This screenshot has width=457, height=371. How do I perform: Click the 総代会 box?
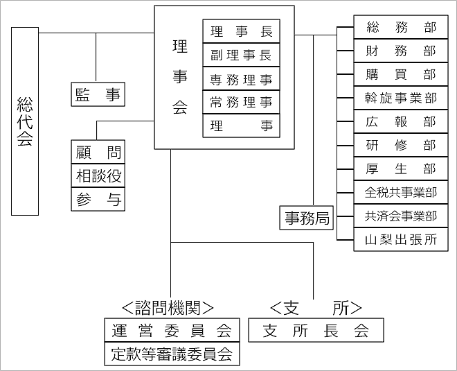click(25, 121)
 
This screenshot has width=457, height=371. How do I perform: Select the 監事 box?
click(98, 94)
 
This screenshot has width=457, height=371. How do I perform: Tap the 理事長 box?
click(241, 32)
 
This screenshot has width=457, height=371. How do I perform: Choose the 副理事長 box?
click(241, 55)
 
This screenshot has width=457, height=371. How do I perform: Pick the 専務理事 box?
click(241, 79)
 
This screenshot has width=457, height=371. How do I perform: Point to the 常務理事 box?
click(241, 103)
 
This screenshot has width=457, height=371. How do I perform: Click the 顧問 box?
click(98, 152)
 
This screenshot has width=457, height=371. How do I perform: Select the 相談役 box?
click(98, 176)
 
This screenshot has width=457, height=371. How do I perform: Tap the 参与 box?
click(98, 200)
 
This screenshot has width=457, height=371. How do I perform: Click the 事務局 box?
click(307, 218)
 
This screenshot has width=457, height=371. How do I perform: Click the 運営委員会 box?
click(171, 330)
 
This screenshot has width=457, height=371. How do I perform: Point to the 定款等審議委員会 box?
click(171, 354)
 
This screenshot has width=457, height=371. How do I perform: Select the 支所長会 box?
click(316, 331)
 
